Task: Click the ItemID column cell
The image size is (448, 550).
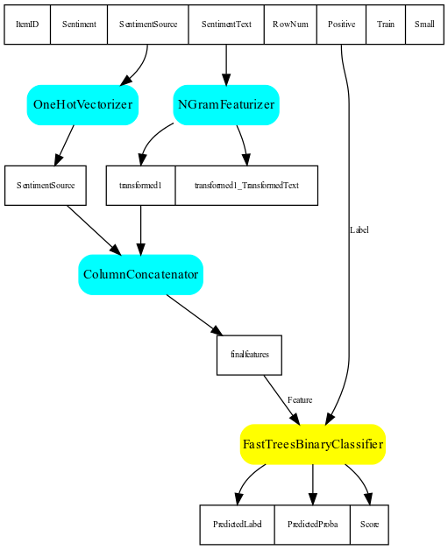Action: tap(27, 25)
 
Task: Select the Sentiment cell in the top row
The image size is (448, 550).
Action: tap(79, 25)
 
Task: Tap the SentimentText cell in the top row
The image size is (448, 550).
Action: tap(226, 25)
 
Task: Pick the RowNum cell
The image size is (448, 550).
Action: tap(290, 25)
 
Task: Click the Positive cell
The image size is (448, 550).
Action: tap(341, 25)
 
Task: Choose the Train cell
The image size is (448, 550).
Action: tap(386, 25)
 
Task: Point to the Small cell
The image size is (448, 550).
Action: tap(424, 25)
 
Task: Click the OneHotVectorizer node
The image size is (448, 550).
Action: tap(83, 105)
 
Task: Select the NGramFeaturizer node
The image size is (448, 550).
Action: tap(226, 105)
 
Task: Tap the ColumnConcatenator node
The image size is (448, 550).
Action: tap(141, 275)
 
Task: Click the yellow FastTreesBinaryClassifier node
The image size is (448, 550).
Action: tap(313, 444)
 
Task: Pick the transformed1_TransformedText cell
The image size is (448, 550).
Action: tap(246, 185)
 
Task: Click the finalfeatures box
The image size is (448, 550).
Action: tap(249, 355)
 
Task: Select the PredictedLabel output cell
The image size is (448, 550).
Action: tap(237, 525)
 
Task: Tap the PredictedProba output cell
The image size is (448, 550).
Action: tap(312, 525)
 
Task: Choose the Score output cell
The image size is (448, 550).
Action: tap(369, 525)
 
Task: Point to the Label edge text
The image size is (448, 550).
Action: tap(359, 230)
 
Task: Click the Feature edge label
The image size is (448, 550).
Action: tap(300, 400)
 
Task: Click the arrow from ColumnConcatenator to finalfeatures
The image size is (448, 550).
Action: tap(195, 315)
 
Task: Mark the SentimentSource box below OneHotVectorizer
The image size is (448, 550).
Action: tap(46, 185)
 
